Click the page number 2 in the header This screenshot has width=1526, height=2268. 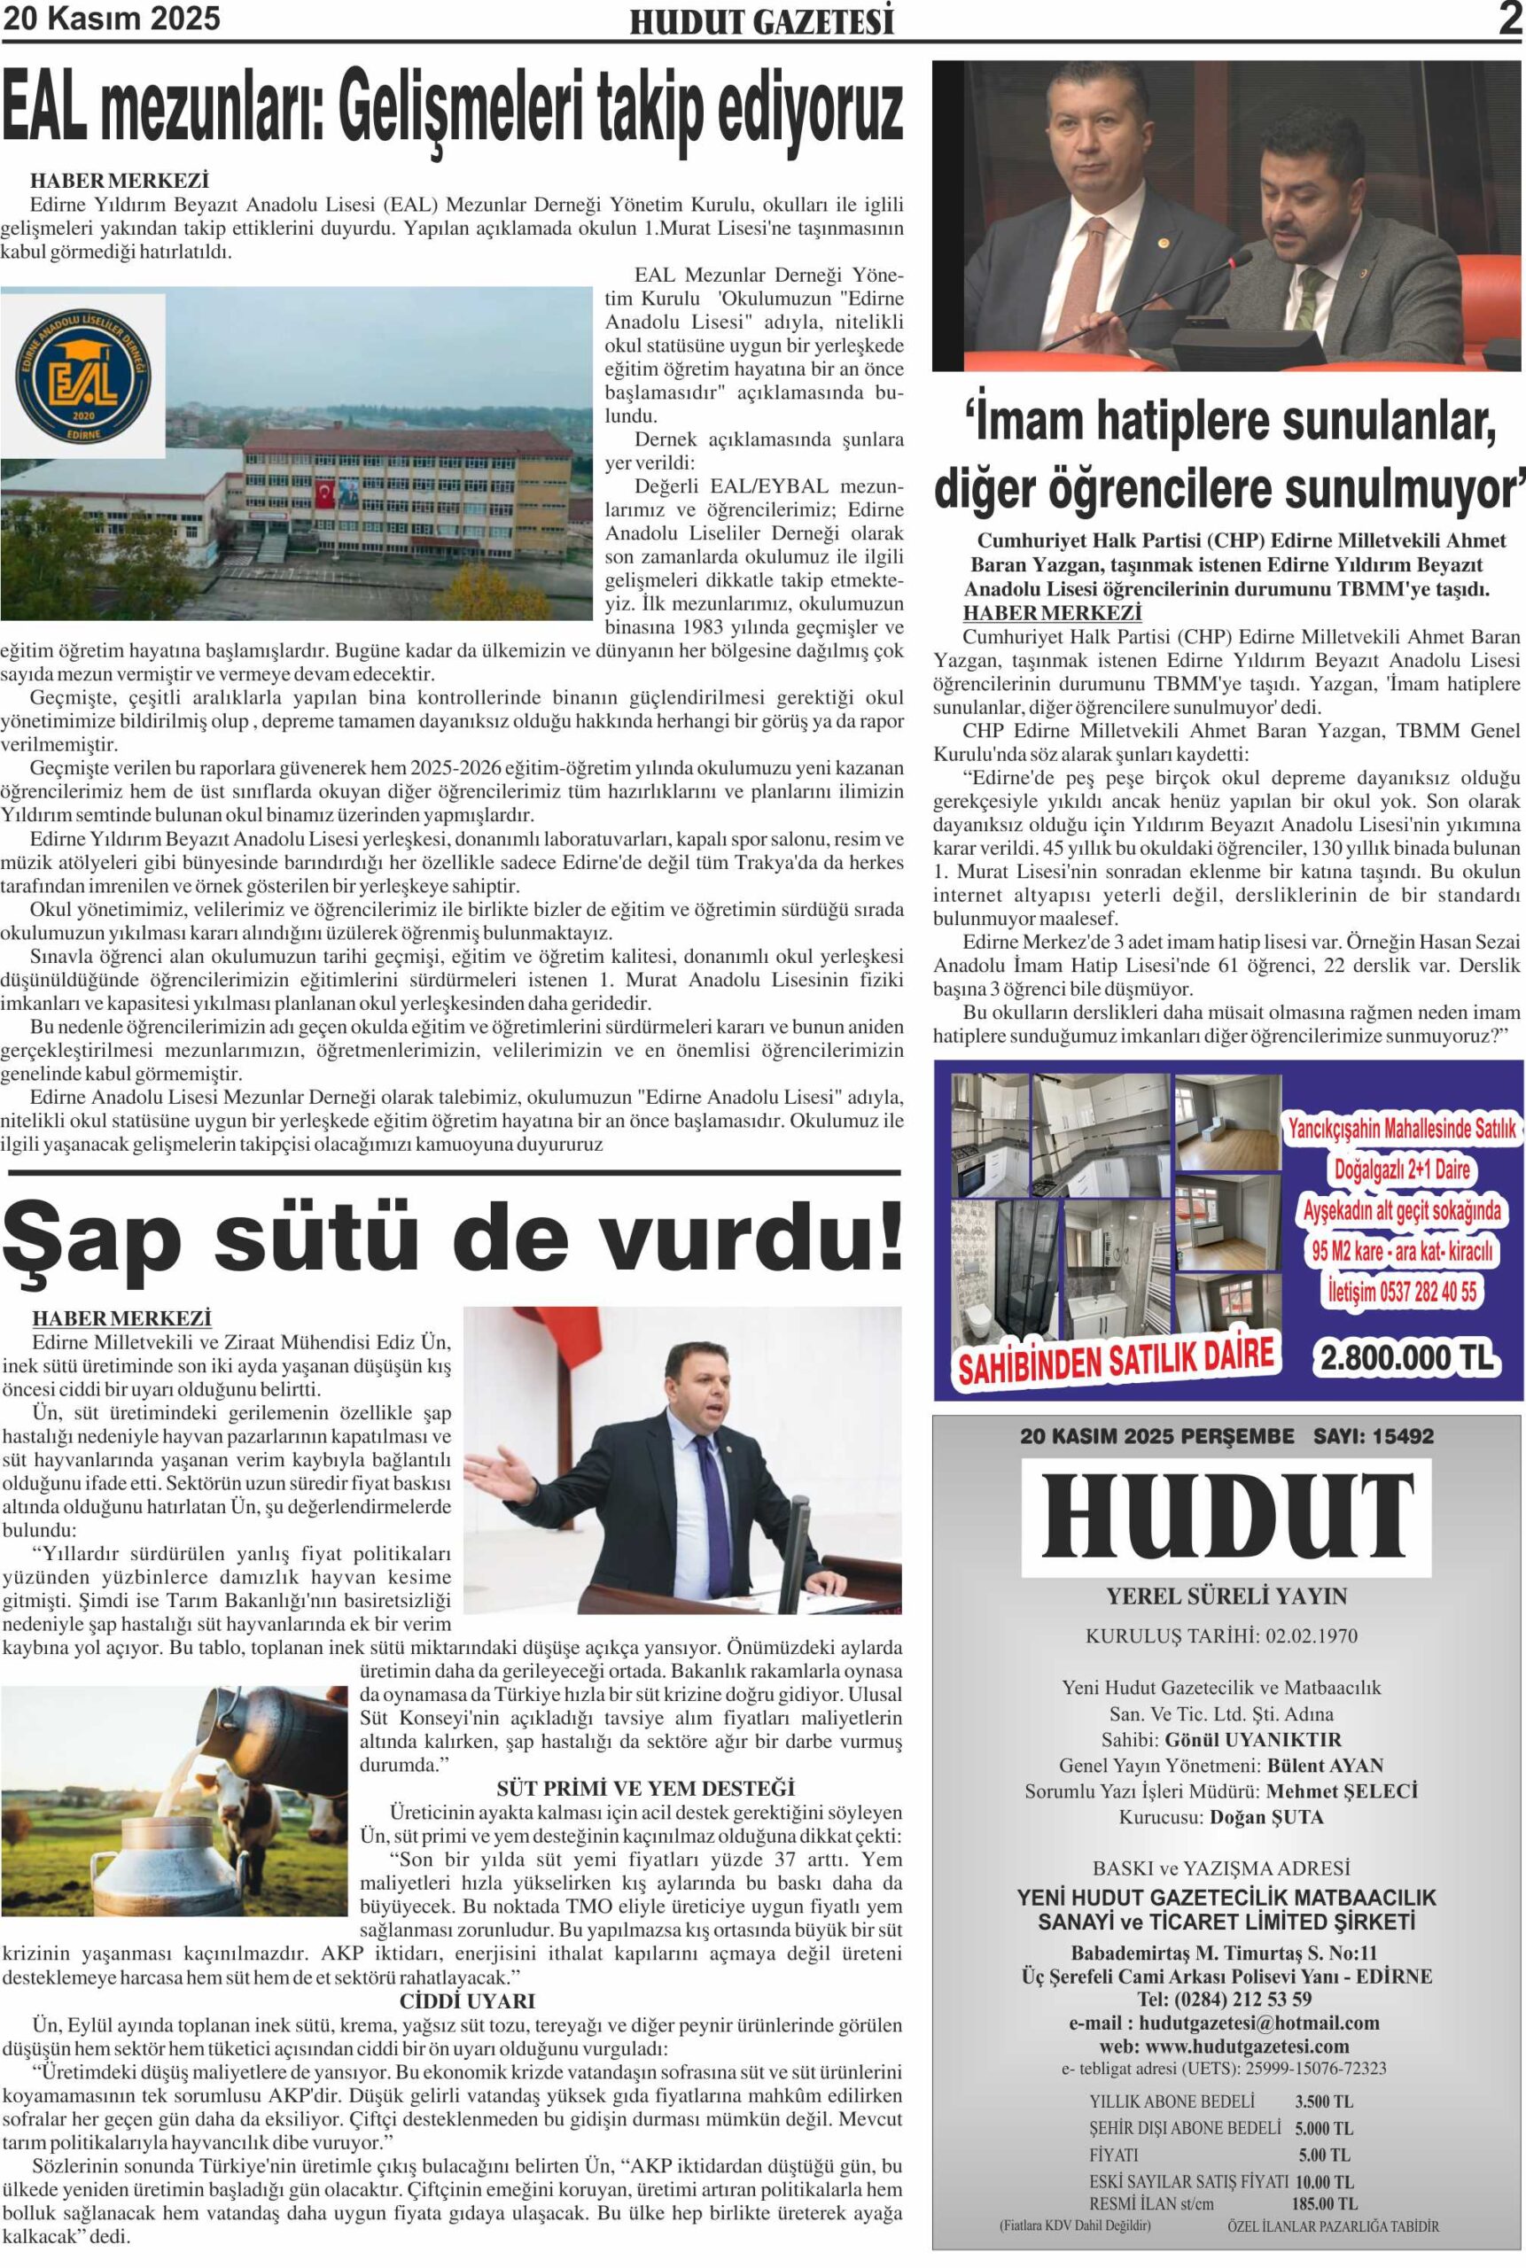pos(1509,19)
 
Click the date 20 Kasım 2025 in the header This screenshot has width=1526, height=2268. pos(112,19)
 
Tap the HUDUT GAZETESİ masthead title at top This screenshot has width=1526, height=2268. pos(762,22)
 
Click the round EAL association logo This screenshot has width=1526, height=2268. pos(82,375)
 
